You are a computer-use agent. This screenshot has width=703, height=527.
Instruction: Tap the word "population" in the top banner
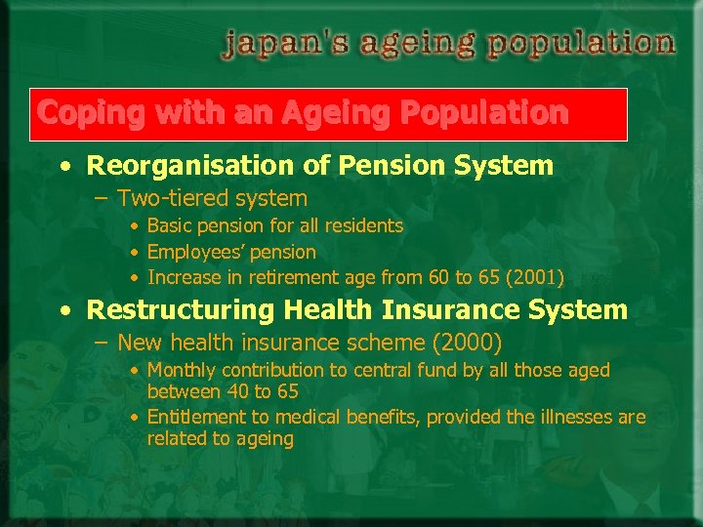(581, 44)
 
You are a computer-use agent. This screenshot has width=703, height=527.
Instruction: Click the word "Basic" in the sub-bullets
(169, 226)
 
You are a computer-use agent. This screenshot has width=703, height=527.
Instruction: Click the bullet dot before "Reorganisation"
(64, 167)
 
